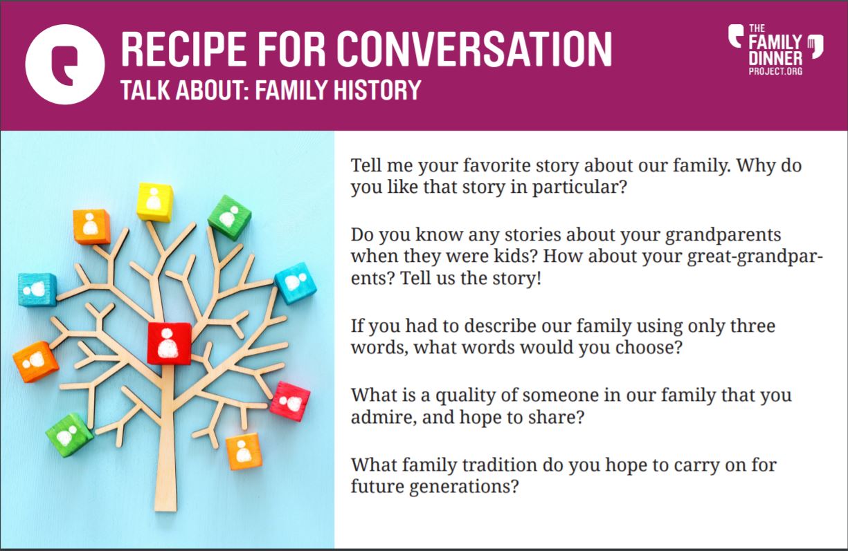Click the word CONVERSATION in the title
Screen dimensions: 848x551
[x=474, y=49]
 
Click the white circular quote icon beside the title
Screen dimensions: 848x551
[x=65, y=64]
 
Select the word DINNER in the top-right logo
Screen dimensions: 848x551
[x=775, y=59]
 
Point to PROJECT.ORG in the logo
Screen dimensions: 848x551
[x=775, y=71]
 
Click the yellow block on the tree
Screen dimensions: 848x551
[x=155, y=202]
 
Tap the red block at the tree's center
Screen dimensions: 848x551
[x=169, y=343]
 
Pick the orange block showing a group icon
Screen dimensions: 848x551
[x=35, y=362]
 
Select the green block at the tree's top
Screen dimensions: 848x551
[x=230, y=218]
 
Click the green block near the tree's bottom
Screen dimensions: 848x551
[x=69, y=435]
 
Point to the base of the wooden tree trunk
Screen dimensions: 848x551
[x=165, y=509]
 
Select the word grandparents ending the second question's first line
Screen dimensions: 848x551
[x=723, y=236]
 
